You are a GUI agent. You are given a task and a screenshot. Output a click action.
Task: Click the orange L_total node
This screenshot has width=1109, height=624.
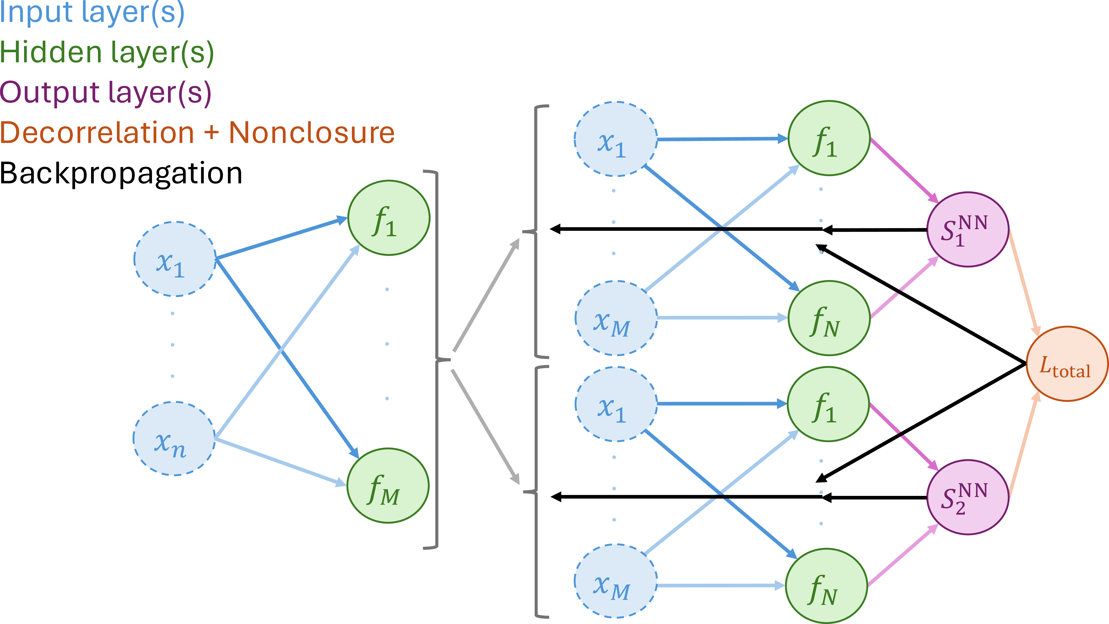tap(1067, 364)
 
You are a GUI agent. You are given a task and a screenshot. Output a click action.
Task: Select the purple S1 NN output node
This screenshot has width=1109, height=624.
tap(967, 230)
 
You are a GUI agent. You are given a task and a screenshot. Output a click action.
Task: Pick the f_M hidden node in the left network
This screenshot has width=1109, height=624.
tap(388, 486)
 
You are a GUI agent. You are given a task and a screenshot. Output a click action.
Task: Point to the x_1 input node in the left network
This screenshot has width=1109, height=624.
tap(175, 259)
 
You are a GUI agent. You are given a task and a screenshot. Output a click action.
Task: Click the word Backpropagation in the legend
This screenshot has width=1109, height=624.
tap(121, 174)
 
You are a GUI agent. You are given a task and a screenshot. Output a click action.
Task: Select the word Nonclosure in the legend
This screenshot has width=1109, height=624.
tap(312, 133)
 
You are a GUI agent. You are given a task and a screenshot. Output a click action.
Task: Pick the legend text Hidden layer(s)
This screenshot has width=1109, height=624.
tap(107, 53)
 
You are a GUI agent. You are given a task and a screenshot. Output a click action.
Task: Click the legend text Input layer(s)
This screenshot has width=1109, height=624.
tap(92, 13)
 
